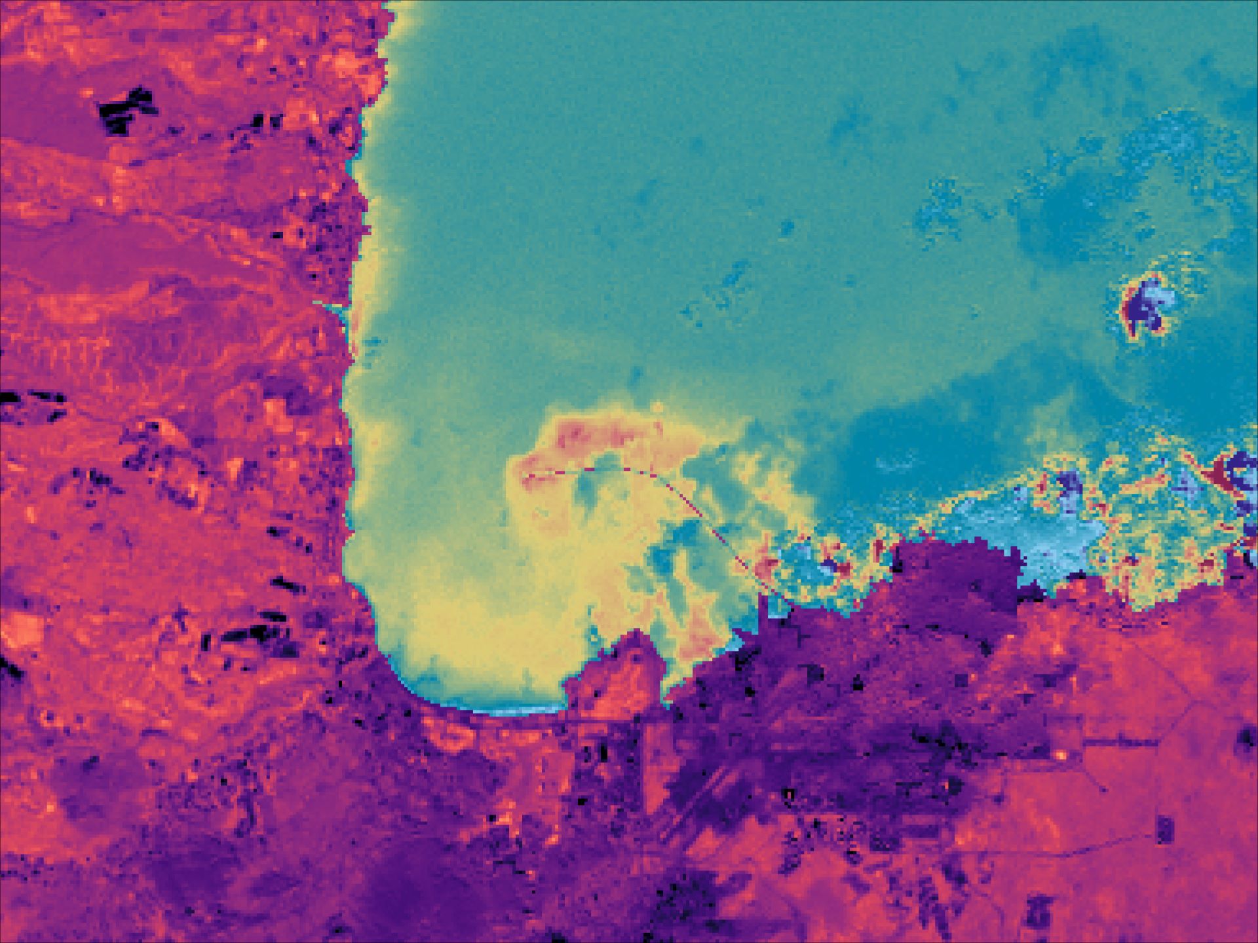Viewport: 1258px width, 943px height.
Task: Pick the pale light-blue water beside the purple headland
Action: pyautogui.click(x=1048, y=544)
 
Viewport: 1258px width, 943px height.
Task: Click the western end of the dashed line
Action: pyautogui.click(x=529, y=473)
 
